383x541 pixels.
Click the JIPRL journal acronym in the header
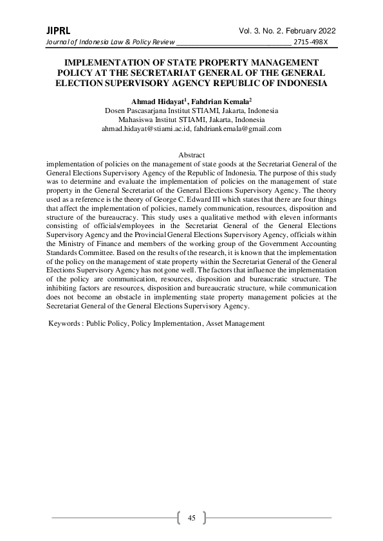(58, 31)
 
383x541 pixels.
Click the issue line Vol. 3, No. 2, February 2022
(287, 31)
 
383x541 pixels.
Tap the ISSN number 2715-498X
(311, 42)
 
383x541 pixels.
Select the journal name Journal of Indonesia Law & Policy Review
(110, 42)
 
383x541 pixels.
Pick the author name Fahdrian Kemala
(221, 102)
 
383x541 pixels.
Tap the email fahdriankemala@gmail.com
(238, 129)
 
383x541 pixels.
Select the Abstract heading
(191, 155)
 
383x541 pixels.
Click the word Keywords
(64, 323)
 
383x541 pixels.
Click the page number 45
(191, 518)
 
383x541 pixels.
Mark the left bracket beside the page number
(178, 518)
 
